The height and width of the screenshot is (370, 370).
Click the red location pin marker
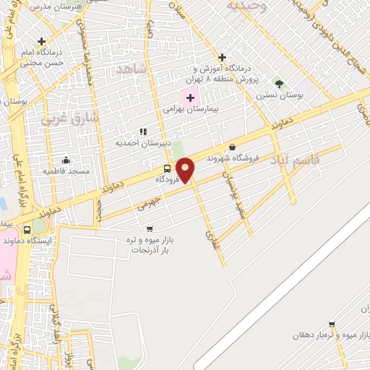186,169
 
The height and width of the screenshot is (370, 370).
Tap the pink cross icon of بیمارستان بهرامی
190,98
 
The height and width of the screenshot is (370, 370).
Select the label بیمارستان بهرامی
189,110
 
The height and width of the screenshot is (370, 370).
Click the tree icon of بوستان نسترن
279,85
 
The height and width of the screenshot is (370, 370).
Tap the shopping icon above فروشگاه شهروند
232,146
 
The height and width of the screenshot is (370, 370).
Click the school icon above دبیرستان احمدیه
142,132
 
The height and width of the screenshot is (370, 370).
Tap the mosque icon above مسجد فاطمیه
66,160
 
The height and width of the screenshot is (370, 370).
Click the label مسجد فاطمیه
66,171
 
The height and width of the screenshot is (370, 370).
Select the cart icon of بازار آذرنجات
150,229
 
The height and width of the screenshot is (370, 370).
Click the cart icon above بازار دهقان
331,324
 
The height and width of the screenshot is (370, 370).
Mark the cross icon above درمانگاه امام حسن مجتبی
42,41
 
